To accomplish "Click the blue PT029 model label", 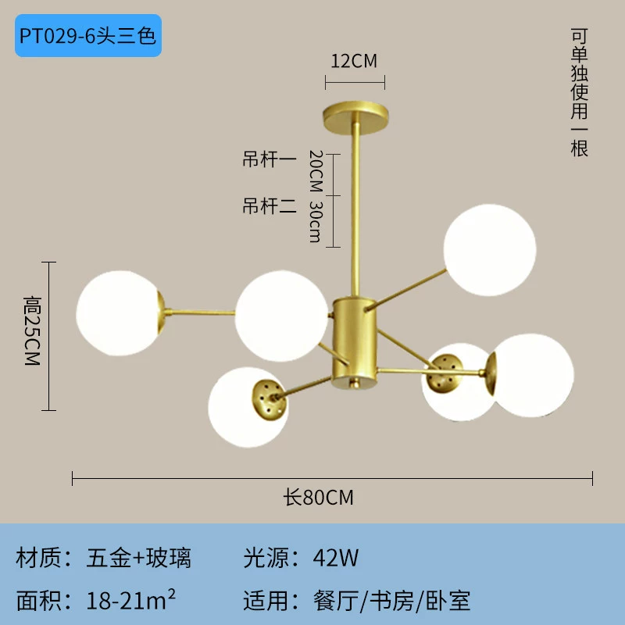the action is (x=88, y=35).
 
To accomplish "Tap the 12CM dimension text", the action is (x=354, y=61).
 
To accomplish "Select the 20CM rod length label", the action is (x=316, y=171).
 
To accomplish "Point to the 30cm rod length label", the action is (x=316, y=222).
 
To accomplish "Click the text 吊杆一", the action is (x=270, y=159).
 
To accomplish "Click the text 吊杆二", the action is (x=270, y=205).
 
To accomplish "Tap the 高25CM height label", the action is (x=32, y=330).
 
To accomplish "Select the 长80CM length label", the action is (x=318, y=497).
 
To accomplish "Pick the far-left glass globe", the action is (x=119, y=313).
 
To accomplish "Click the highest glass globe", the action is (x=490, y=250).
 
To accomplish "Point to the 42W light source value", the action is (x=336, y=558).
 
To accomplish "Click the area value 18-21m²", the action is (x=130, y=600).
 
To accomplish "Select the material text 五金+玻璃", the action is (x=139, y=558).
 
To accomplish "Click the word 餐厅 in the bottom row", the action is (x=336, y=601).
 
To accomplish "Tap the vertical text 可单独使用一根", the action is (x=579, y=92).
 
